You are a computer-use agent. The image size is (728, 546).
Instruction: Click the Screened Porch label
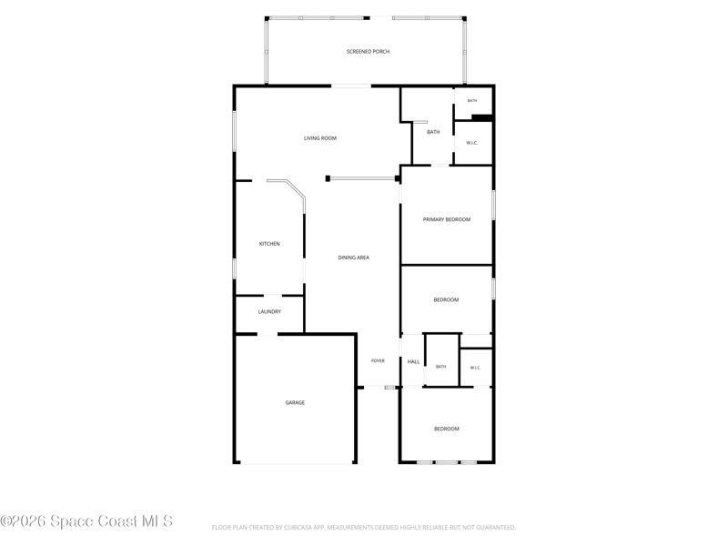click(x=368, y=52)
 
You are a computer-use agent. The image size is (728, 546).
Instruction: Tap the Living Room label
click(x=320, y=138)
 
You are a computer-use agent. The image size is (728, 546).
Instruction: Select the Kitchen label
click(x=269, y=244)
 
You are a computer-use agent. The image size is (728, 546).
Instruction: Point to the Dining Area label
click(x=353, y=258)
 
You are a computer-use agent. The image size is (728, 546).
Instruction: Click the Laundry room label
click(x=269, y=311)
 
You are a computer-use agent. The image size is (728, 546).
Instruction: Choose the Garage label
click(x=295, y=402)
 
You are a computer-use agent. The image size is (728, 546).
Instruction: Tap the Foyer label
click(x=378, y=360)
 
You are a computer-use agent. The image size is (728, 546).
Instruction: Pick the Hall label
click(x=413, y=361)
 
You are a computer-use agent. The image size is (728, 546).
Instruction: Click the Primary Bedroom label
click(x=446, y=219)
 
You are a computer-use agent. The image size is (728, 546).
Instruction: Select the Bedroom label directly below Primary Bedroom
click(x=446, y=300)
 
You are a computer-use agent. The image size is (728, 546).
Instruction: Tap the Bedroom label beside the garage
click(x=447, y=429)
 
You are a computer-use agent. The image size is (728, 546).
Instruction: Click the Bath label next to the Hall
click(x=440, y=367)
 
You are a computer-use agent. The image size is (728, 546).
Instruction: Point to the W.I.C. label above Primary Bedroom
click(x=471, y=143)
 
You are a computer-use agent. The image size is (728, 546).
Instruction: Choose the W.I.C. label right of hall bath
click(x=475, y=368)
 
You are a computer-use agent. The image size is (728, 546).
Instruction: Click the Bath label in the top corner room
click(x=471, y=101)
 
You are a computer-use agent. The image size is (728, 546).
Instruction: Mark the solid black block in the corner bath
click(x=482, y=118)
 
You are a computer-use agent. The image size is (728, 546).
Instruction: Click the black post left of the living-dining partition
click(x=328, y=178)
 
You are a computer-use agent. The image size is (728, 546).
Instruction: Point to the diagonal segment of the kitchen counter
click(x=295, y=189)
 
